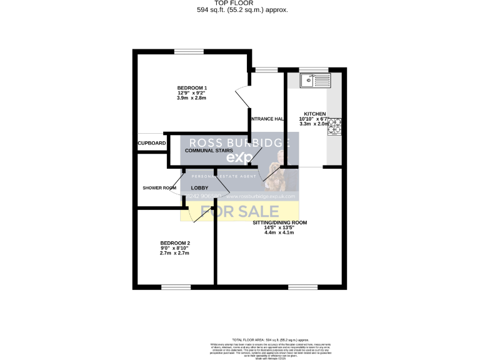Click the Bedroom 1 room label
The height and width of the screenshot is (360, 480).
[x=192, y=87]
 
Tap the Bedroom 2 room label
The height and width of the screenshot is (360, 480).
[x=175, y=242]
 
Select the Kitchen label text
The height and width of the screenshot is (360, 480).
[x=314, y=114]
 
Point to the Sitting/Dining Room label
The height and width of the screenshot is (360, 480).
[x=280, y=222]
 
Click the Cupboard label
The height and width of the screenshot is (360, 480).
[x=152, y=143]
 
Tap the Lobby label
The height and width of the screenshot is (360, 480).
[x=199, y=187]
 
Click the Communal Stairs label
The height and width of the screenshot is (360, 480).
[x=209, y=151]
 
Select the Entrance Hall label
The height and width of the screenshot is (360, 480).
[x=267, y=119]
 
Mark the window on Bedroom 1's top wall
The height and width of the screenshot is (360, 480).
[x=184, y=52]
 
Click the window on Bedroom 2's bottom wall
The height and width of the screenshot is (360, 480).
[x=176, y=287]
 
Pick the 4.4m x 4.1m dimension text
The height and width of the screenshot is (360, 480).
[x=279, y=232]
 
